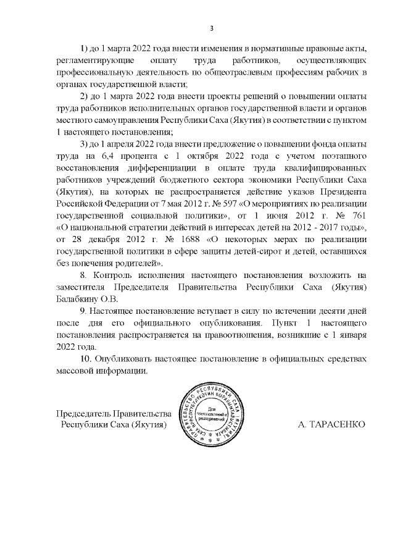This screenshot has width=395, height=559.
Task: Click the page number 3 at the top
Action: [212, 28]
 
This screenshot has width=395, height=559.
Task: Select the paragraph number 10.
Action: [88, 359]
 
